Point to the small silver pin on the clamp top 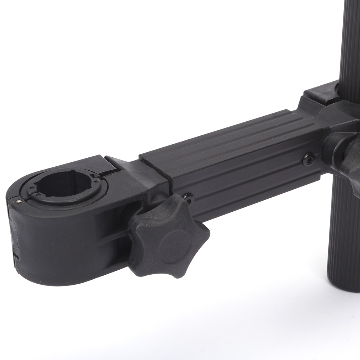(x=18, y=202)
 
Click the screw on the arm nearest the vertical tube (x=308, y=159)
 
